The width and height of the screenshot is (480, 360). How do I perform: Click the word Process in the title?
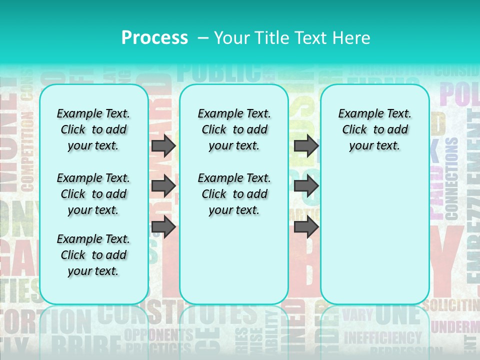click(x=154, y=37)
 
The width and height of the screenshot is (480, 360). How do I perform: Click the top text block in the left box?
click(x=93, y=129)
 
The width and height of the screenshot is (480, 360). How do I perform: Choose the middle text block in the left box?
click(x=93, y=194)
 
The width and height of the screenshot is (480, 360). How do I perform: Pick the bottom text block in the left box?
click(x=93, y=255)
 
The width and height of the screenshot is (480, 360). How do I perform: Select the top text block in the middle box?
click(x=234, y=129)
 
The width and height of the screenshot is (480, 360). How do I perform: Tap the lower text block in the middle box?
click(x=234, y=194)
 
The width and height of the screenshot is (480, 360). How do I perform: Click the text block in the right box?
click(x=374, y=129)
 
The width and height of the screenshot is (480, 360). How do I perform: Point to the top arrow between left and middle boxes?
click(x=163, y=145)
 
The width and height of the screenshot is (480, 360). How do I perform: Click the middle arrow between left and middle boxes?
click(x=163, y=186)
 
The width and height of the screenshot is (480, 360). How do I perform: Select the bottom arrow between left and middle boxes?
click(x=163, y=227)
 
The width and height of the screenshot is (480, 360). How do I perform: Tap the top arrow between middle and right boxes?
click(x=306, y=145)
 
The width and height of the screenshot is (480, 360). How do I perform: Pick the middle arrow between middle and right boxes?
click(x=306, y=186)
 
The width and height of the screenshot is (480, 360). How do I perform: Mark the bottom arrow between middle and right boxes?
click(x=306, y=227)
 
